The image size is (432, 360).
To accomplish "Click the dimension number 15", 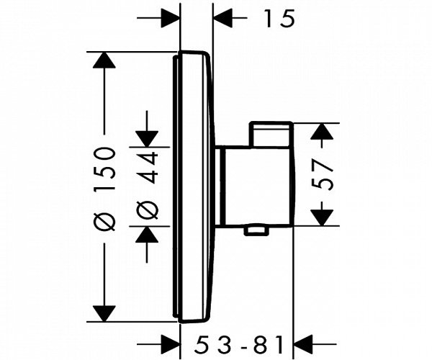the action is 279,19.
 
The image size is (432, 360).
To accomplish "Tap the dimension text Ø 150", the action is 104,189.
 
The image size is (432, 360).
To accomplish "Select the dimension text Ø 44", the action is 147,186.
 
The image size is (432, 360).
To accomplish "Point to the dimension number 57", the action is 322,175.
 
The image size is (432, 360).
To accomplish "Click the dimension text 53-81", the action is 239,344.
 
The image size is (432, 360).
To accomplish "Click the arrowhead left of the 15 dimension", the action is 170,18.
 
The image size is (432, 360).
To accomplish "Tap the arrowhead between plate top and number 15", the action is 223,18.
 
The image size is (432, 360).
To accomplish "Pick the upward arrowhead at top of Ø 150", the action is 104,60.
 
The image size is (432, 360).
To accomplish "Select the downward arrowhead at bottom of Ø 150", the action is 104,314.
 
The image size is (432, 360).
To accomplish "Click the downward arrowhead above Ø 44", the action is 147,139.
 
